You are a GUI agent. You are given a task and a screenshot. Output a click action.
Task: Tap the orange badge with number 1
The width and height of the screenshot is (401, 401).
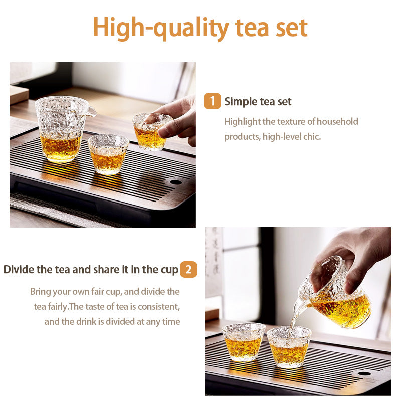pyautogui.click(x=212, y=101)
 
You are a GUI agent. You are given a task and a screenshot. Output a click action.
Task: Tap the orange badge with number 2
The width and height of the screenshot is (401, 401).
pyautogui.click(x=188, y=270)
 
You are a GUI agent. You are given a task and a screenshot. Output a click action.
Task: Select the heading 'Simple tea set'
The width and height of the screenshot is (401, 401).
pyautogui.click(x=258, y=102)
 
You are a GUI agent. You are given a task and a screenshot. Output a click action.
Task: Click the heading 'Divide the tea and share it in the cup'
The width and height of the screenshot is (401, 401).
pyautogui.click(x=91, y=270)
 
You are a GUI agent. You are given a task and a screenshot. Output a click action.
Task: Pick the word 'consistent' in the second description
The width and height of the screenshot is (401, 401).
pyautogui.click(x=158, y=306)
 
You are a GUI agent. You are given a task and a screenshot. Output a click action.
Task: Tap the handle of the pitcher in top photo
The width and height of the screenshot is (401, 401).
pyautogui.click(x=89, y=111)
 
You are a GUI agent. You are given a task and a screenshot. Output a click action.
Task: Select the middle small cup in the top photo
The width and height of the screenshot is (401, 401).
pyautogui.click(x=108, y=153)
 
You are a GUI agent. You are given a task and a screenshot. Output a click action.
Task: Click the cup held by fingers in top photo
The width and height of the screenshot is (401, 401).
pyautogui.click(x=150, y=131)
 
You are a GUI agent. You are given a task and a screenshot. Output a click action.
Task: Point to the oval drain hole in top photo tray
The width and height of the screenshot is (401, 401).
pyautogui.click(x=175, y=182)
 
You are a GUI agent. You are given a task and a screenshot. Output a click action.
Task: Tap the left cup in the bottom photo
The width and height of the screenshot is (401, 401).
pyautogui.click(x=243, y=342)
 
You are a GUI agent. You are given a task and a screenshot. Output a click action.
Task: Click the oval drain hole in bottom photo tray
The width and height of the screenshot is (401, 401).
pyautogui.click(x=364, y=373)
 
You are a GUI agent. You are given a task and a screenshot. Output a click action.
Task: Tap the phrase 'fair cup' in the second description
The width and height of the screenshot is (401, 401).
pyautogui.click(x=105, y=291)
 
